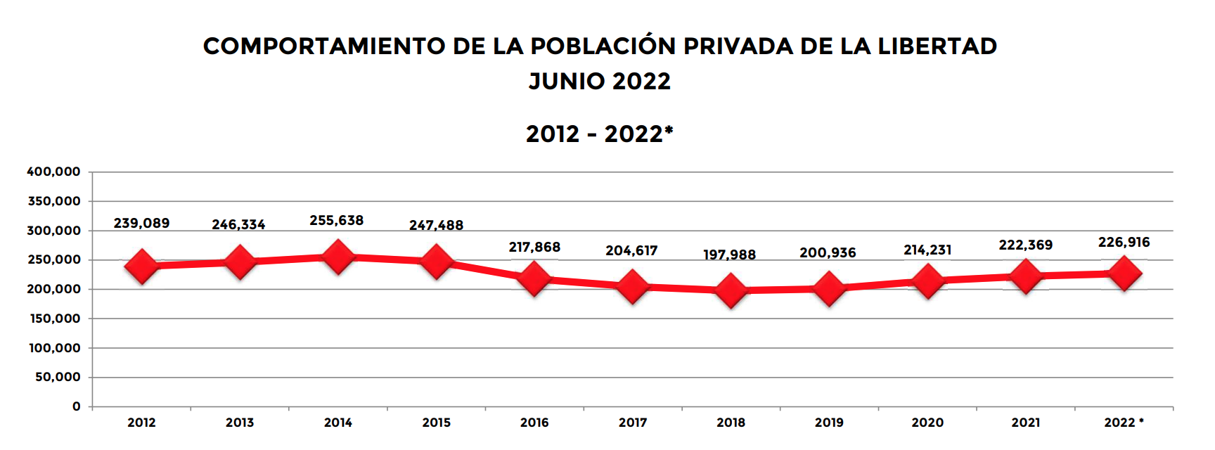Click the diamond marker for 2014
tap(337, 257)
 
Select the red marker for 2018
tap(731, 290)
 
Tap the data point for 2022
tap(1124, 274)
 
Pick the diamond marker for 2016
tap(534, 278)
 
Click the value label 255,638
tap(337, 221)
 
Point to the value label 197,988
tap(730, 255)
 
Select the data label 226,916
tap(1124, 243)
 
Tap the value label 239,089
tap(141, 224)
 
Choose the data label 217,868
tap(534, 247)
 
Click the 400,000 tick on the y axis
tap(54, 172)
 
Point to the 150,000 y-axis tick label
tap(54, 319)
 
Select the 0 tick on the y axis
tap(77, 406)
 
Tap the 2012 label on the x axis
tap(141, 423)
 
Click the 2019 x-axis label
tap(829, 423)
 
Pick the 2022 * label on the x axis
tap(1124, 423)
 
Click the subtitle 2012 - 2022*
tap(600, 134)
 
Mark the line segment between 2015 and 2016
tap(485, 270)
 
